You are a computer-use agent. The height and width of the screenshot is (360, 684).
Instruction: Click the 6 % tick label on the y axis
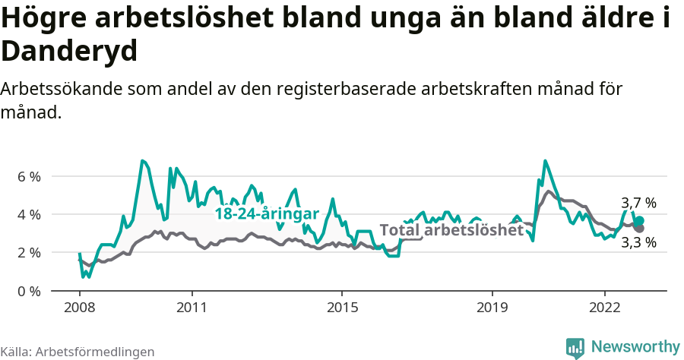pyautogui.click(x=28, y=176)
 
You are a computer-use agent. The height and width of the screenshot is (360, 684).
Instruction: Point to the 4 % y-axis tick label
pyautogui.click(x=28, y=214)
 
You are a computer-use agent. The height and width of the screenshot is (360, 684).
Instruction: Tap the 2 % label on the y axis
pyautogui.click(x=28, y=252)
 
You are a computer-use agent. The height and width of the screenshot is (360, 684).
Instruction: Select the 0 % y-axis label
pyautogui.click(x=28, y=291)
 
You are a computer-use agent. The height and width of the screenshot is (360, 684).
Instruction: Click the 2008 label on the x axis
pyautogui.click(x=79, y=308)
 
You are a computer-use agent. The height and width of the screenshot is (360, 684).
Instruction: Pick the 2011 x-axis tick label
pyautogui.click(x=192, y=308)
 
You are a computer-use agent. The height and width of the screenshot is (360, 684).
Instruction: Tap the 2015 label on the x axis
pyautogui.click(x=342, y=308)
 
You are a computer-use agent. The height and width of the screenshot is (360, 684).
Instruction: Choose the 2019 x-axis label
pyautogui.click(x=492, y=308)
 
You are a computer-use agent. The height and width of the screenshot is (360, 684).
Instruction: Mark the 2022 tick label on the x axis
pyautogui.click(x=604, y=308)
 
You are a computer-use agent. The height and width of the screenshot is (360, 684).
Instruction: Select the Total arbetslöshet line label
pyautogui.click(x=451, y=230)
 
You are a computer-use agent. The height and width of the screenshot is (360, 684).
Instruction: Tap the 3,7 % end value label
pyautogui.click(x=638, y=204)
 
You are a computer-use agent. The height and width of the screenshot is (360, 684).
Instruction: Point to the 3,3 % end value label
pyautogui.click(x=638, y=243)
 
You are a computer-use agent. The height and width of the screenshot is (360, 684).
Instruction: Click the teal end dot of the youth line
pyautogui.click(x=639, y=220)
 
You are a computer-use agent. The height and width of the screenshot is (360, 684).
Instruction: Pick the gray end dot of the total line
pyautogui.click(x=639, y=228)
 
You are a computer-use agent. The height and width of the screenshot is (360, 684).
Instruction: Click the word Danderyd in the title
pyautogui.click(x=69, y=52)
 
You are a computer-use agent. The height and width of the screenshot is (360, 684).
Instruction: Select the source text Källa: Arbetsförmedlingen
pyautogui.click(x=78, y=352)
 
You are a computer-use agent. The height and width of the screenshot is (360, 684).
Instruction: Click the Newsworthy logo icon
pyautogui.click(x=575, y=347)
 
